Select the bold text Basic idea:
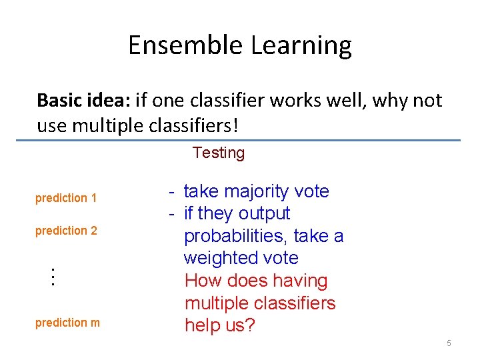click(83, 101)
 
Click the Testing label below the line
click(219, 153)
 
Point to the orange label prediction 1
click(66, 198)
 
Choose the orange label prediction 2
click(66, 231)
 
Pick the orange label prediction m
click(67, 323)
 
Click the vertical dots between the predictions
click(52, 277)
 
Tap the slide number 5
click(449, 343)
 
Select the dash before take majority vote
click(172, 192)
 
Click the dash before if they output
click(172, 214)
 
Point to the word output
click(264, 214)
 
